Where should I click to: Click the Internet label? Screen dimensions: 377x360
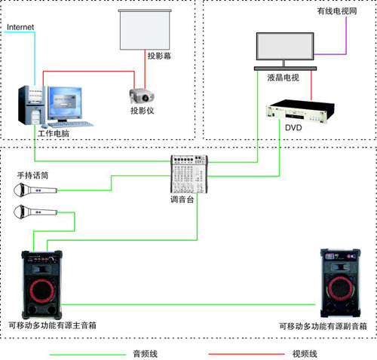[20, 27]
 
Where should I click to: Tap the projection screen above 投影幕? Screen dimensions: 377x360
[145, 29]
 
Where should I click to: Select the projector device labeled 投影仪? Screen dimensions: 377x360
[142, 96]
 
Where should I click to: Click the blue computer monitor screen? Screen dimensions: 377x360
[65, 103]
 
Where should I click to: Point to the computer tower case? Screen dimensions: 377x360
[32, 105]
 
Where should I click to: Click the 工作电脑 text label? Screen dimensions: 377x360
[54, 133]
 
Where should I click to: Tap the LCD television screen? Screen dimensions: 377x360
[285, 47]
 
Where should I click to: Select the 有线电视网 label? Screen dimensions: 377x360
[337, 11]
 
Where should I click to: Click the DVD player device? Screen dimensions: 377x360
[300, 111]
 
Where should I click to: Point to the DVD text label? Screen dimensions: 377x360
[293, 128]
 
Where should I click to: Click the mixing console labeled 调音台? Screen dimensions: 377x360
[189, 174]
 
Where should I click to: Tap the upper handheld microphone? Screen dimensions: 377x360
[35, 190]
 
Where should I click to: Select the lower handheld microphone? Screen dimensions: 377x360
[35, 212]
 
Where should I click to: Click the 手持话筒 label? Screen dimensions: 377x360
[32, 175]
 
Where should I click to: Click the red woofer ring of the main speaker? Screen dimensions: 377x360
[30, 290]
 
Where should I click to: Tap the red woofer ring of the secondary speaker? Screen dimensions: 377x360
[329, 288]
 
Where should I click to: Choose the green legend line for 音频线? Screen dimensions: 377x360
[88, 355]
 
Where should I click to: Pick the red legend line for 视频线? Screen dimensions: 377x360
[247, 354]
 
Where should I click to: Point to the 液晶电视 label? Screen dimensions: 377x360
[284, 78]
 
